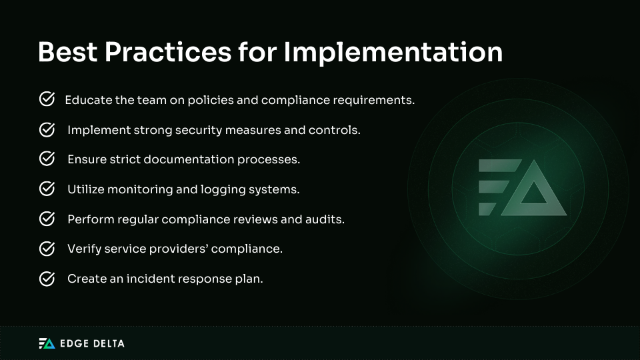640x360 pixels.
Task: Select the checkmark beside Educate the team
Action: pos(47,100)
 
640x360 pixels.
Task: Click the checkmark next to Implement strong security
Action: pos(47,129)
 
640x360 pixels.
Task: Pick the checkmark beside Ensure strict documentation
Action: pos(47,159)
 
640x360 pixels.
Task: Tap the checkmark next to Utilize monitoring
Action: pos(47,189)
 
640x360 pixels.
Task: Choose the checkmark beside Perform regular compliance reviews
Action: pos(47,219)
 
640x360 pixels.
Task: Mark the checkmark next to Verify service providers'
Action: pos(47,249)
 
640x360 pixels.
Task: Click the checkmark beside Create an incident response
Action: pos(47,279)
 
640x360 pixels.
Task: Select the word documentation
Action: pos(213,160)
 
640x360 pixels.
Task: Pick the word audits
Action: pos(326,219)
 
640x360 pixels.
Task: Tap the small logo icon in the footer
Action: pos(47,343)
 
